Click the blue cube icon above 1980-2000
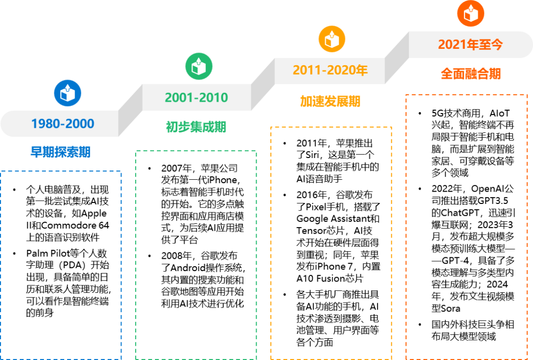click(68, 93)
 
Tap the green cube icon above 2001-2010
click(199, 66)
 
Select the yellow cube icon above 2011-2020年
click(332, 39)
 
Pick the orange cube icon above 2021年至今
click(470, 13)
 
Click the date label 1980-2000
click(63, 123)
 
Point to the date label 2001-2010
click(196, 97)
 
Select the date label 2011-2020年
click(330, 70)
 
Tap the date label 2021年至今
click(470, 44)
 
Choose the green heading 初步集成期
click(196, 127)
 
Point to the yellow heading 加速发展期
click(330, 101)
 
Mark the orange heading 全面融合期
click(470, 74)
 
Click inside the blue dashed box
click(61, 265)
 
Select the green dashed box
click(196, 255)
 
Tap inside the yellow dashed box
click(331, 243)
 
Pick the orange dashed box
click(466, 227)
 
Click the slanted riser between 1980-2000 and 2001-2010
click(130, 110)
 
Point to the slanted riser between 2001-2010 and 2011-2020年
click(263, 84)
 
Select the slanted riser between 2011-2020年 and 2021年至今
click(397, 58)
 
